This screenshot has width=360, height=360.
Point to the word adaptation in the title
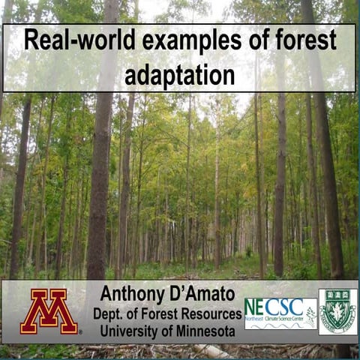(x=180, y=75)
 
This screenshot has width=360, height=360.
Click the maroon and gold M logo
(x=49, y=310)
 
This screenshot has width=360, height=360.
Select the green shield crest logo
(x=337, y=311)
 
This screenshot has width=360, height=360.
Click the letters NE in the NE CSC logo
(x=257, y=307)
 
